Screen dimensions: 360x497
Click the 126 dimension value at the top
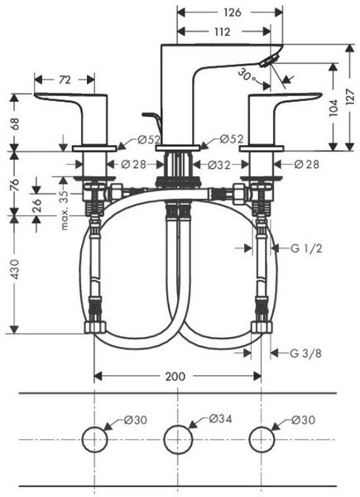[233, 12]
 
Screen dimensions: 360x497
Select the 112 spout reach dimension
[223, 31]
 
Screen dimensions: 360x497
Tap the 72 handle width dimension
[65, 80]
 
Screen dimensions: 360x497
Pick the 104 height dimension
[334, 108]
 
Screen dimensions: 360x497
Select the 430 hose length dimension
[15, 269]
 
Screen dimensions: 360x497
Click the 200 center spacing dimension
[175, 376]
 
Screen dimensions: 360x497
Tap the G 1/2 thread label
[306, 248]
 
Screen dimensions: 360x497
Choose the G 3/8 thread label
[305, 353]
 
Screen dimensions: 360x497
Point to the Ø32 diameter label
[218, 165]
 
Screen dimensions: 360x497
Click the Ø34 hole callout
[221, 418]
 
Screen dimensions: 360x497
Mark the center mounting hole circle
[178, 426]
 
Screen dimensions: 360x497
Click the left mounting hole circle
[94, 427]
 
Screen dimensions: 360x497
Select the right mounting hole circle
[262, 427]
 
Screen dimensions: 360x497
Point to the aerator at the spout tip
[269, 60]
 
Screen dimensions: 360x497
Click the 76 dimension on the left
[15, 185]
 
